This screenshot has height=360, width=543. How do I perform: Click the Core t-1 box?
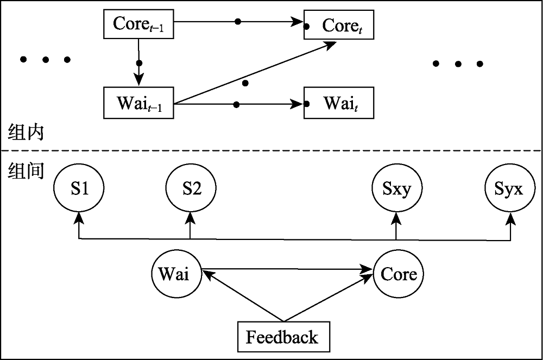click(x=138, y=24)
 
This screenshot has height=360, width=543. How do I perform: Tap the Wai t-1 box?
click(x=138, y=103)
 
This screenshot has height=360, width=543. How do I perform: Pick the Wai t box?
click(x=339, y=103)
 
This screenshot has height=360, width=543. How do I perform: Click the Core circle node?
click(x=398, y=274)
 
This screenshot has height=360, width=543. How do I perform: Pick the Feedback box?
click(x=282, y=337)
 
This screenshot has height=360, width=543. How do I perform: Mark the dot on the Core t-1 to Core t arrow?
click(x=237, y=22)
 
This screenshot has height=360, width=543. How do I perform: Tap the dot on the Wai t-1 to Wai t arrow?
click(x=236, y=104)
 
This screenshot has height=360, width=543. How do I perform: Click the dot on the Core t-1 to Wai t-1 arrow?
click(x=139, y=63)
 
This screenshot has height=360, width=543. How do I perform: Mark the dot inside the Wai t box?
click(x=307, y=104)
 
